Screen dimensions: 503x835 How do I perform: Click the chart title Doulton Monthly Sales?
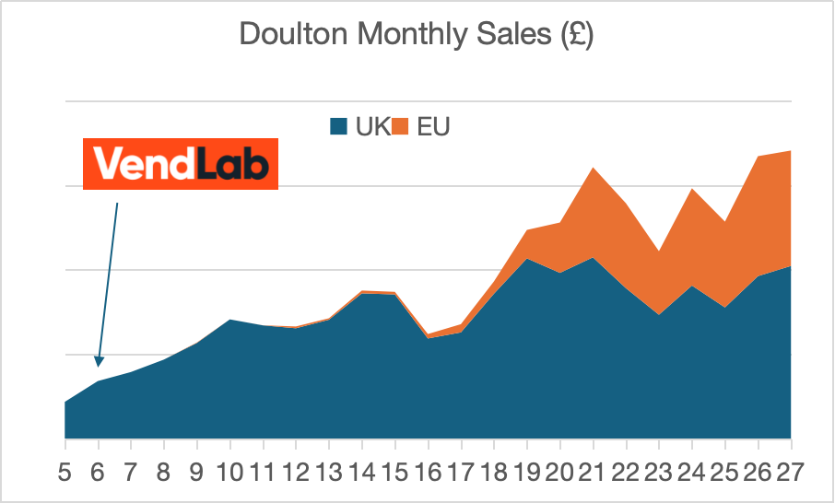417,35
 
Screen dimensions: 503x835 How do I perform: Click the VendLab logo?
181,165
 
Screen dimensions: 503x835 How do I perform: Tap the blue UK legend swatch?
339,127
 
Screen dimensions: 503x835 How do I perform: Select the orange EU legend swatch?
401,127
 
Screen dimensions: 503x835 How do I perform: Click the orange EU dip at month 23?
659,251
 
